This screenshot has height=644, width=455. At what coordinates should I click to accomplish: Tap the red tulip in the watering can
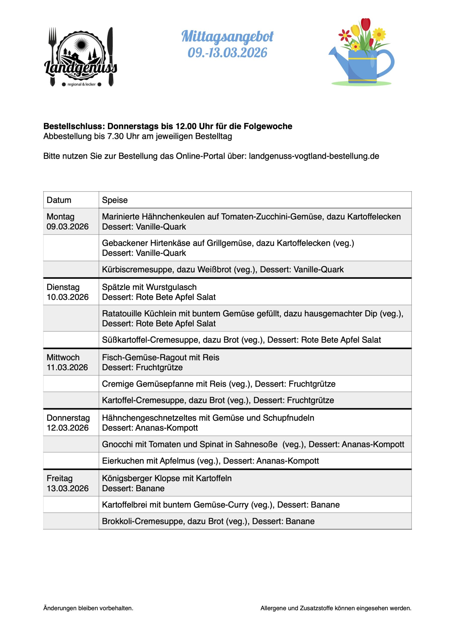click(x=366, y=25)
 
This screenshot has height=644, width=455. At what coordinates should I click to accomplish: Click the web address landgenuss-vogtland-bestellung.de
click(x=314, y=156)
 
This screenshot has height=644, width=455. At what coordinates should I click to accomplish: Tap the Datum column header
click(x=59, y=200)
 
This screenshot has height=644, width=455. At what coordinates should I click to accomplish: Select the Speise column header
click(x=115, y=200)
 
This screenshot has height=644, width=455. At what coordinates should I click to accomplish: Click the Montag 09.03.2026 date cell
click(x=68, y=221)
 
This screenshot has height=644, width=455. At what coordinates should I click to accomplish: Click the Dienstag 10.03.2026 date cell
click(x=68, y=292)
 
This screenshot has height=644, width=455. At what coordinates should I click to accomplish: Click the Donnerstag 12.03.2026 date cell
click(x=68, y=423)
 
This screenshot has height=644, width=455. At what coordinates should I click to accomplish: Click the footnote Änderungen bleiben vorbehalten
click(x=88, y=608)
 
